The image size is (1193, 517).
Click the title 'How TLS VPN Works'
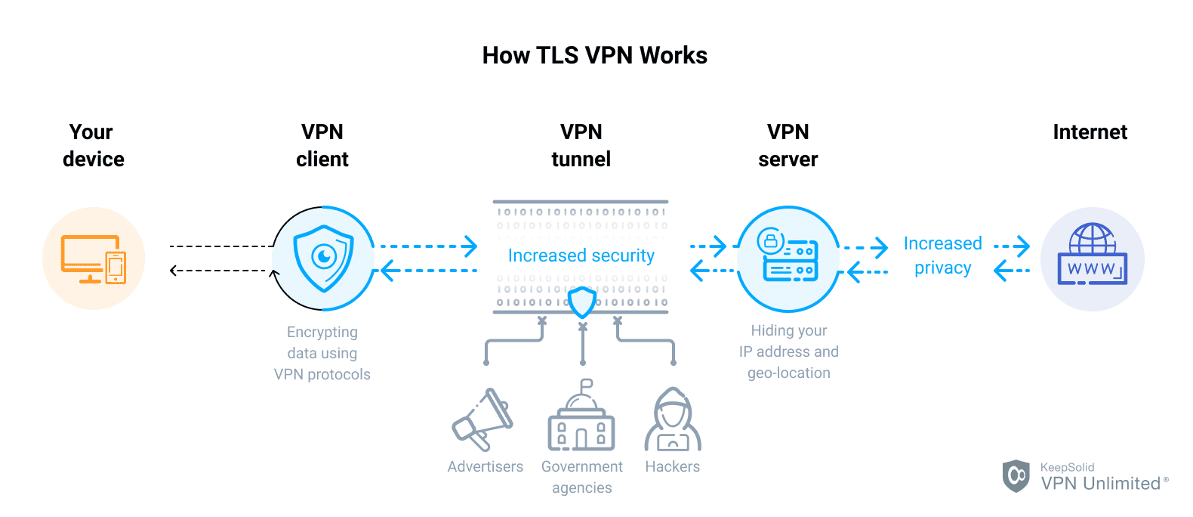pos(595,55)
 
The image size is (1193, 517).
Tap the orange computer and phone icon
pos(94,258)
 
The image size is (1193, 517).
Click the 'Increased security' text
pos(581,255)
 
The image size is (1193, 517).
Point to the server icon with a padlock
pos(788,257)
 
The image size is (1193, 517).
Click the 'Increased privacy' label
pos(942,255)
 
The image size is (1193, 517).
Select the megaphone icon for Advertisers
pos(482,420)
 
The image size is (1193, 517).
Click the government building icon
pos(581,419)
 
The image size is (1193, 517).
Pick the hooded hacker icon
pos(673,420)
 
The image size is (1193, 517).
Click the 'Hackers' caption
pos(672,466)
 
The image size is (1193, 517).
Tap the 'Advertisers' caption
pos(485,466)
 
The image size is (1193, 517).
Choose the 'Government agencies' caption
pos(581,477)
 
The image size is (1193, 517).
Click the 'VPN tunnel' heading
pos(581,145)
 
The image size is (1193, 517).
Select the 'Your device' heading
pos(93,145)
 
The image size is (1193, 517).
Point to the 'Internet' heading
pos(1090,132)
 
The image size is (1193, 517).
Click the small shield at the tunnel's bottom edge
pos(582,302)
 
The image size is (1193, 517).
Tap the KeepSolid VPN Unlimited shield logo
pos(1016,475)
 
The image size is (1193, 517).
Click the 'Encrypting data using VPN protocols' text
pos(322,353)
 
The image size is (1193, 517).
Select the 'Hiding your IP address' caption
pos(788,351)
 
